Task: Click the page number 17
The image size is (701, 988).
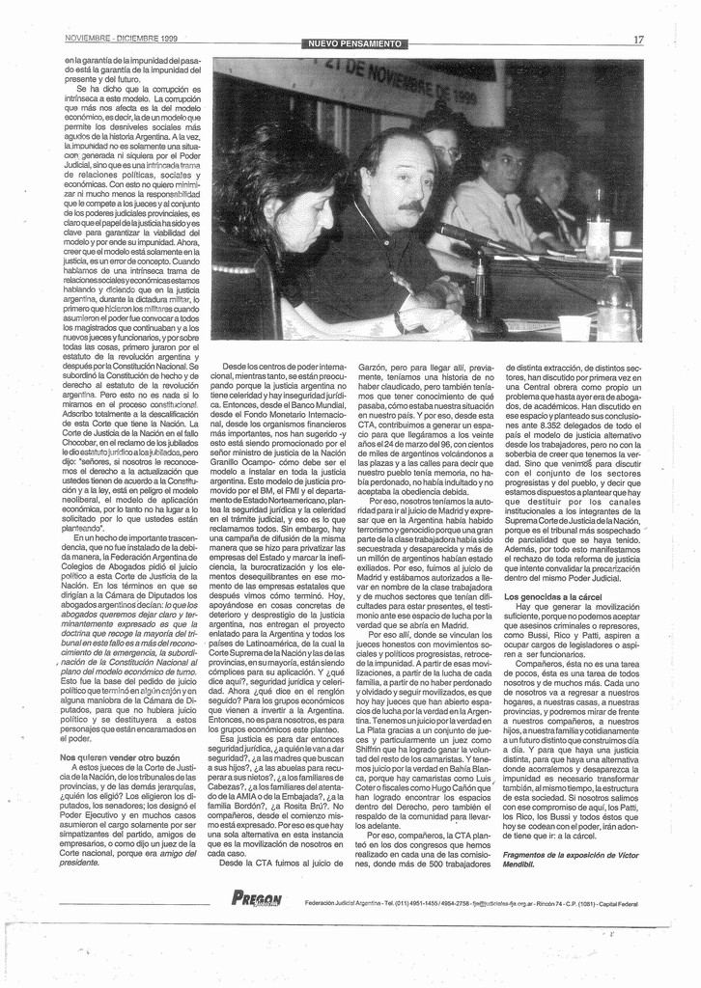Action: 638,40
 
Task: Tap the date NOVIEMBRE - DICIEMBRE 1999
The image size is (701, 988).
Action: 121,39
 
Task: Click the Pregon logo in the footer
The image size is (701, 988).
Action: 257,899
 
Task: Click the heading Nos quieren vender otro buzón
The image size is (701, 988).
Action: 120,758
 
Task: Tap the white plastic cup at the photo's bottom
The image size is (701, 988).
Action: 574,328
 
